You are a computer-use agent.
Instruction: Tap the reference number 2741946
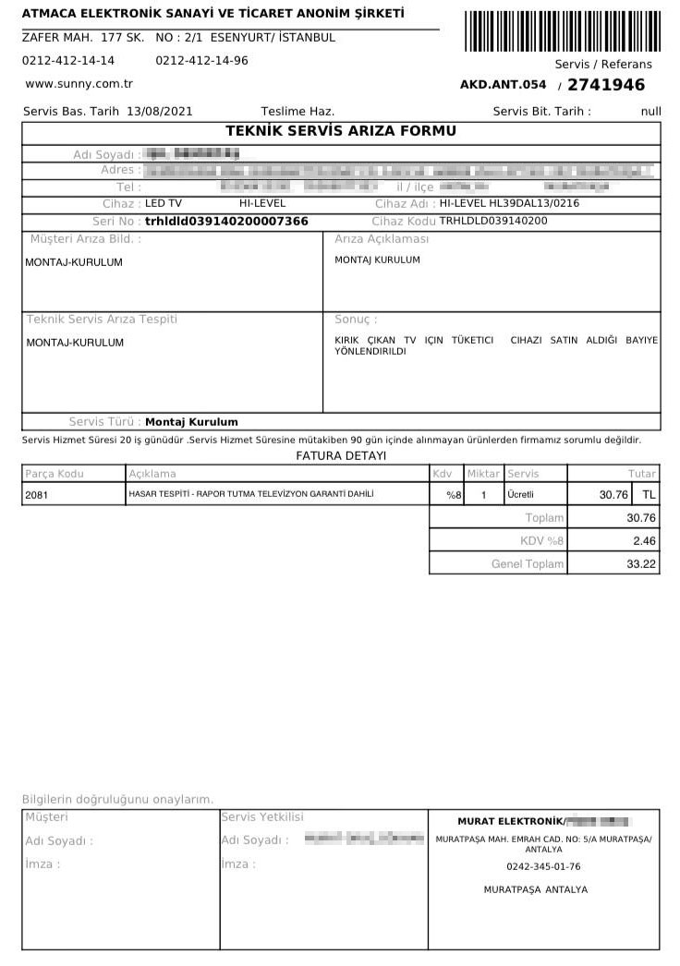(x=606, y=85)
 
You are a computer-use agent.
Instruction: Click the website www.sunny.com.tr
(x=79, y=83)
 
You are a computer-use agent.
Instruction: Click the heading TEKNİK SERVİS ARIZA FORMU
(x=341, y=131)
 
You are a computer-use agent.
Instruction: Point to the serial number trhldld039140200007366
(x=226, y=222)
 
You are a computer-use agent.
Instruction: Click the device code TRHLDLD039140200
(x=493, y=222)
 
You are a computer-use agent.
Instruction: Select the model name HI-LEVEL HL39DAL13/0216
(x=509, y=203)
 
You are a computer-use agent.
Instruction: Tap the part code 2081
(x=37, y=495)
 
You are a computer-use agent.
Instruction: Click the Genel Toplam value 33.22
(x=641, y=563)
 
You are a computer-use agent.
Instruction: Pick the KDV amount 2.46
(x=644, y=540)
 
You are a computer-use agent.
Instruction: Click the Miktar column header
(x=483, y=474)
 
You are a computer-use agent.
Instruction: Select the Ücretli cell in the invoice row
(x=521, y=495)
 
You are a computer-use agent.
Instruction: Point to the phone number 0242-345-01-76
(x=543, y=867)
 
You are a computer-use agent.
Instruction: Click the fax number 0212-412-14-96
(x=201, y=61)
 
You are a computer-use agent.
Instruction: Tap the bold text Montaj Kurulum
(x=192, y=422)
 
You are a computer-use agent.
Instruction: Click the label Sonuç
(x=356, y=320)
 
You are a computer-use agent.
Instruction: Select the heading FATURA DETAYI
(x=341, y=456)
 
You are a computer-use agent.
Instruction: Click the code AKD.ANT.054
(x=503, y=85)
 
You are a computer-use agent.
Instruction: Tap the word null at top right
(x=650, y=112)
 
